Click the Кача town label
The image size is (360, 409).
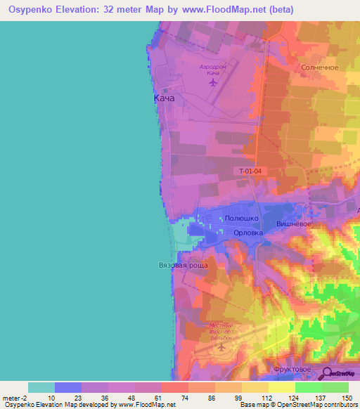point(164,99)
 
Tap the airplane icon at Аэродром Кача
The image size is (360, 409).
point(212,82)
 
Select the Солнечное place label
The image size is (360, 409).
point(320,67)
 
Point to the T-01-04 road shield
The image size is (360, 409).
point(250,171)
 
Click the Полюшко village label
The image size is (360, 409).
point(240,219)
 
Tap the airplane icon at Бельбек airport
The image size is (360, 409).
point(222,346)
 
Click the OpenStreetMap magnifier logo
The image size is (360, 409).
point(327,373)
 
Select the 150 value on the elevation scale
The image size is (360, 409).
point(346,397)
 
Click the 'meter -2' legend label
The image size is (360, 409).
point(15,397)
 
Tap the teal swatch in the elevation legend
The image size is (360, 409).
point(41,387)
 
